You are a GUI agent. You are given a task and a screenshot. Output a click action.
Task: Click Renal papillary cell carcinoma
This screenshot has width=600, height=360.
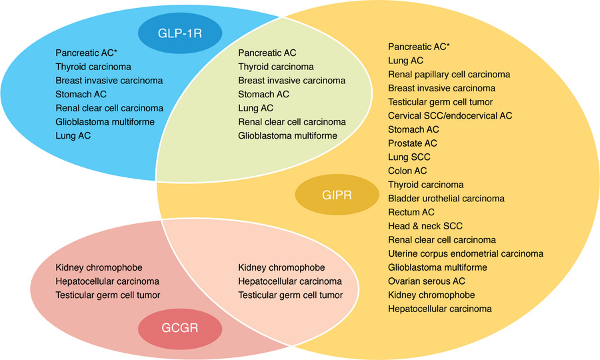[449, 74]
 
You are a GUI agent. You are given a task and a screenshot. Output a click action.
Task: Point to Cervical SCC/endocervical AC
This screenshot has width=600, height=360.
[450, 115]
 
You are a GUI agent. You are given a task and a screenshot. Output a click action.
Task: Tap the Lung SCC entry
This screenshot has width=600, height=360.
[409, 157]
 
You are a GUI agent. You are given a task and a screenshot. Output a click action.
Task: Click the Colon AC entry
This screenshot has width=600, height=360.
[407, 171]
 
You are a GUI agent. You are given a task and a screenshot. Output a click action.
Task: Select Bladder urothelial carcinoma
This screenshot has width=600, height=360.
[446, 198]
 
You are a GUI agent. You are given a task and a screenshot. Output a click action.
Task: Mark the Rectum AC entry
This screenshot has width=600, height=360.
[411, 212]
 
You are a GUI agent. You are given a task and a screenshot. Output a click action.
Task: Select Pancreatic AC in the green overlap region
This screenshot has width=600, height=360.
[267, 53]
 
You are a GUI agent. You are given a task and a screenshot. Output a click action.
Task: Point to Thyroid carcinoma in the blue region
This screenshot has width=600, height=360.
[93, 67]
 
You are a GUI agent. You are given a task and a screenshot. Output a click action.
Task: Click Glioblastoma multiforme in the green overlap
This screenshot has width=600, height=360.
[287, 136]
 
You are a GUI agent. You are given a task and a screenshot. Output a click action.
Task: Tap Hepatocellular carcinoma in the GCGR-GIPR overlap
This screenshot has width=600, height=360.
[289, 281]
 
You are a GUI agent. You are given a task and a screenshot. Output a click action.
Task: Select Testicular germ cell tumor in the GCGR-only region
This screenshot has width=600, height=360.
[108, 295]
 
